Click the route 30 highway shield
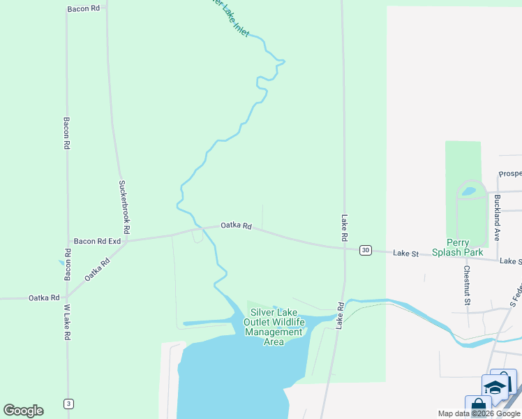(x=365, y=250)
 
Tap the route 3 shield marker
(x=68, y=404)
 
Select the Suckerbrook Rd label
(x=124, y=207)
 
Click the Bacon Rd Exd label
(x=98, y=241)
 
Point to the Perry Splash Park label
(x=458, y=247)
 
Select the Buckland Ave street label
(x=497, y=217)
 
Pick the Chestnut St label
(x=465, y=285)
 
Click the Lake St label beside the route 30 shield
(x=405, y=253)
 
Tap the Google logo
(x=24, y=411)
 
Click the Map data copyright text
(x=479, y=413)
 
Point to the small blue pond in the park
(x=469, y=190)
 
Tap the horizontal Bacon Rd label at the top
(x=84, y=9)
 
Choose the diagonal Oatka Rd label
(x=98, y=270)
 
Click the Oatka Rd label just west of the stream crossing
(x=236, y=225)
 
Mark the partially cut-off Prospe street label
(x=509, y=173)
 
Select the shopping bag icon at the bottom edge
(x=478, y=406)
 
